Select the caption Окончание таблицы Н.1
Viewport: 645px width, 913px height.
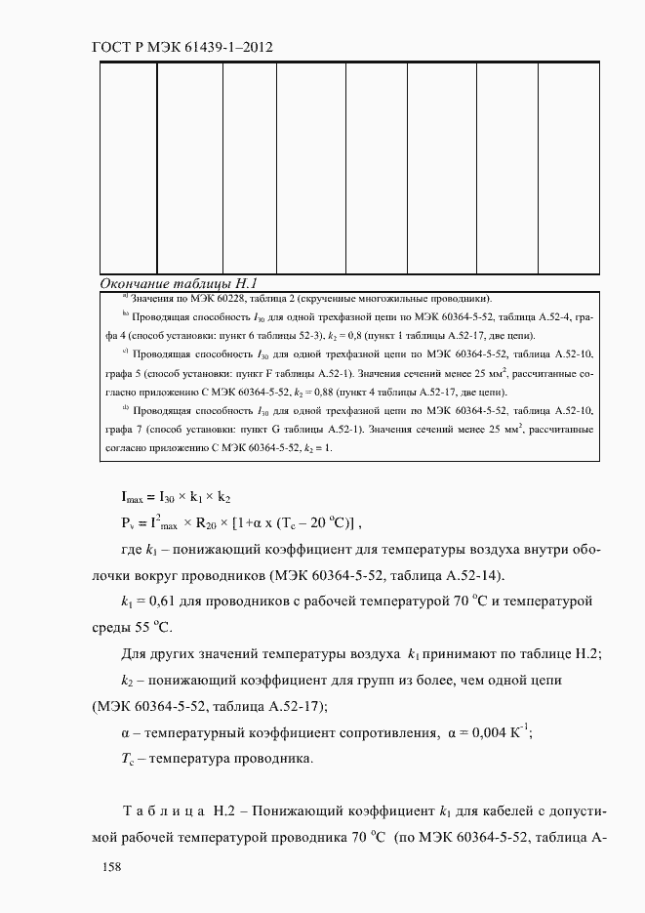(179, 283)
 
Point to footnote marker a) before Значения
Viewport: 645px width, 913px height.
(126, 297)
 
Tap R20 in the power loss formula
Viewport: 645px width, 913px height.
(208, 522)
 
